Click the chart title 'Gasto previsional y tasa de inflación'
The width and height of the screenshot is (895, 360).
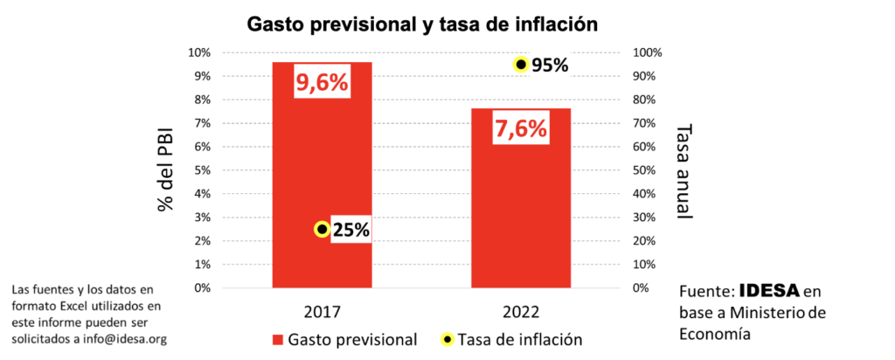pos(423,24)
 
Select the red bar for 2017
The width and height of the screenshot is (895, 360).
pos(323,175)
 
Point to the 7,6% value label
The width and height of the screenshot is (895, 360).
pos(521,129)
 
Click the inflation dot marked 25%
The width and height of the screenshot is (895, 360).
pos(322,229)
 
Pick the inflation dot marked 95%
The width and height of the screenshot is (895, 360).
pos(521,64)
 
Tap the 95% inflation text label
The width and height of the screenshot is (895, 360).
pos(552,65)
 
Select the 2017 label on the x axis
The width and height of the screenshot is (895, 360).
pos(323,311)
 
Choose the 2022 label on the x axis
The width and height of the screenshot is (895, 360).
pos(521,311)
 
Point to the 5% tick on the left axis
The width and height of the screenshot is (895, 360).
pos(201,170)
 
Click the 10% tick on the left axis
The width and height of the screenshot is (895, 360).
pos(198,52)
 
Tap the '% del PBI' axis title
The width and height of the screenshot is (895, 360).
pos(163,171)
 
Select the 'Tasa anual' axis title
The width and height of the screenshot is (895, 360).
pos(685,170)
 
